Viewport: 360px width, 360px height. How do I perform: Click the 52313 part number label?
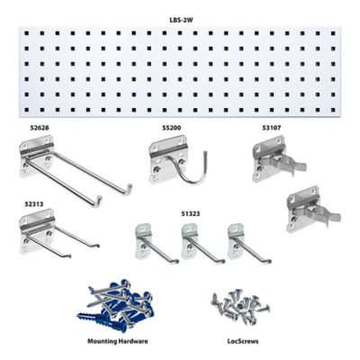[35, 203]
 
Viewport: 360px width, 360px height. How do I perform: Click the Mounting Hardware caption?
[118, 342]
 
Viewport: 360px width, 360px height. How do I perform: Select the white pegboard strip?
[180, 73]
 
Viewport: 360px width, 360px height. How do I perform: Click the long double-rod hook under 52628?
[72, 171]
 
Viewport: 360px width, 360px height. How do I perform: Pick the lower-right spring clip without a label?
[306, 211]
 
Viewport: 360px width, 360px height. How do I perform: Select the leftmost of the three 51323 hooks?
[146, 242]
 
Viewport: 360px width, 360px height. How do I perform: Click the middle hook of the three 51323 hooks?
[191, 242]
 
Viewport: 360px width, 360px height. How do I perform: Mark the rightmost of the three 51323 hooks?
[238, 242]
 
